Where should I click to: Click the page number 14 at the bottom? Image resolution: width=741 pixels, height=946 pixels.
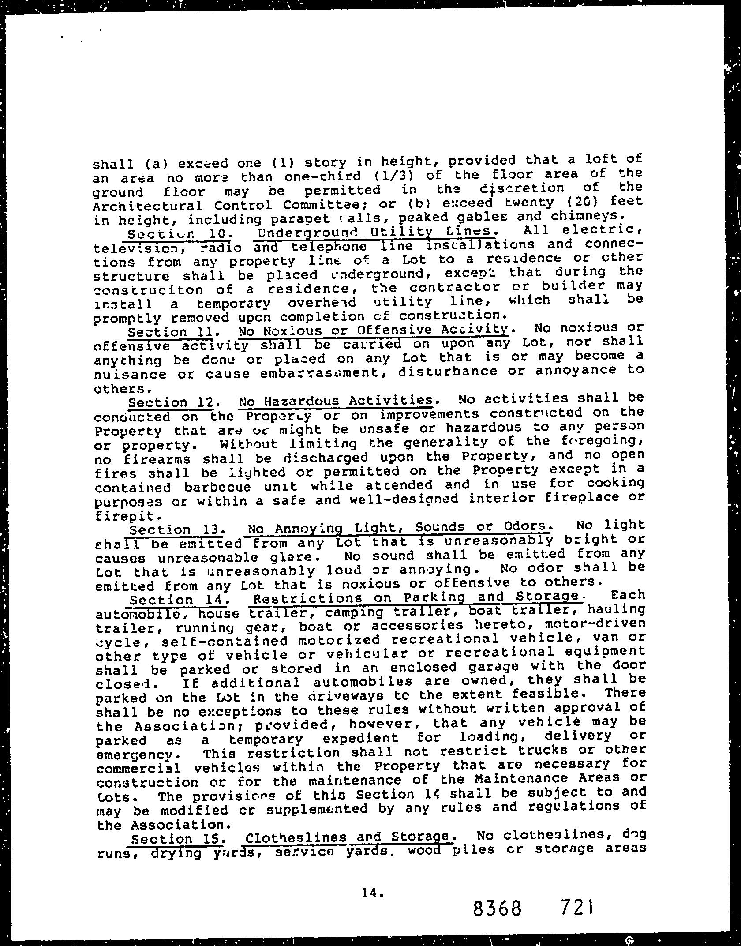371,856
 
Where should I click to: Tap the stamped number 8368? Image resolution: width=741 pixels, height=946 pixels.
497,882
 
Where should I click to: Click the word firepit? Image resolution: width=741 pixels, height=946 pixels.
125,515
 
